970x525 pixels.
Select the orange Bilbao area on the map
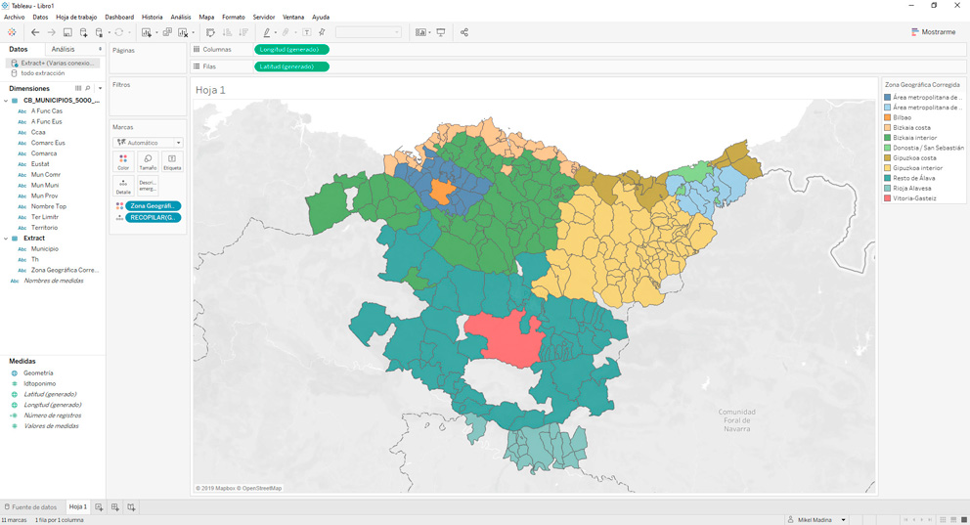(x=440, y=192)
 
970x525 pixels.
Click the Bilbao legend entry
(x=902, y=117)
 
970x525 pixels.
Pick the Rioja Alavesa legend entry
(x=911, y=189)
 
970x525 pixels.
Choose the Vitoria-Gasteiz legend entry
(x=913, y=198)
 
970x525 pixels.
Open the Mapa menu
(x=206, y=18)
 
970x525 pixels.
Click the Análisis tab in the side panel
(x=63, y=49)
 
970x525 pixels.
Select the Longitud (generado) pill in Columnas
(x=291, y=49)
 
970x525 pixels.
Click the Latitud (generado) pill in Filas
(x=291, y=66)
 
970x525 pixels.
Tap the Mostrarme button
(x=933, y=32)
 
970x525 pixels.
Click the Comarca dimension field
(x=44, y=153)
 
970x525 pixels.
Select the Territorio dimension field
(x=45, y=228)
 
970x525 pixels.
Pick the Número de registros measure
(x=53, y=416)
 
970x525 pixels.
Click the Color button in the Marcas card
(x=123, y=161)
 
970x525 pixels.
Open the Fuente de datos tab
(x=33, y=507)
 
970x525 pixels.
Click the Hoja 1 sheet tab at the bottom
(x=78, y=507)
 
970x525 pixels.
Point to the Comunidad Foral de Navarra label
(x=736, y=420)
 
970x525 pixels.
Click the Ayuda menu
(x=321, y=18)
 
